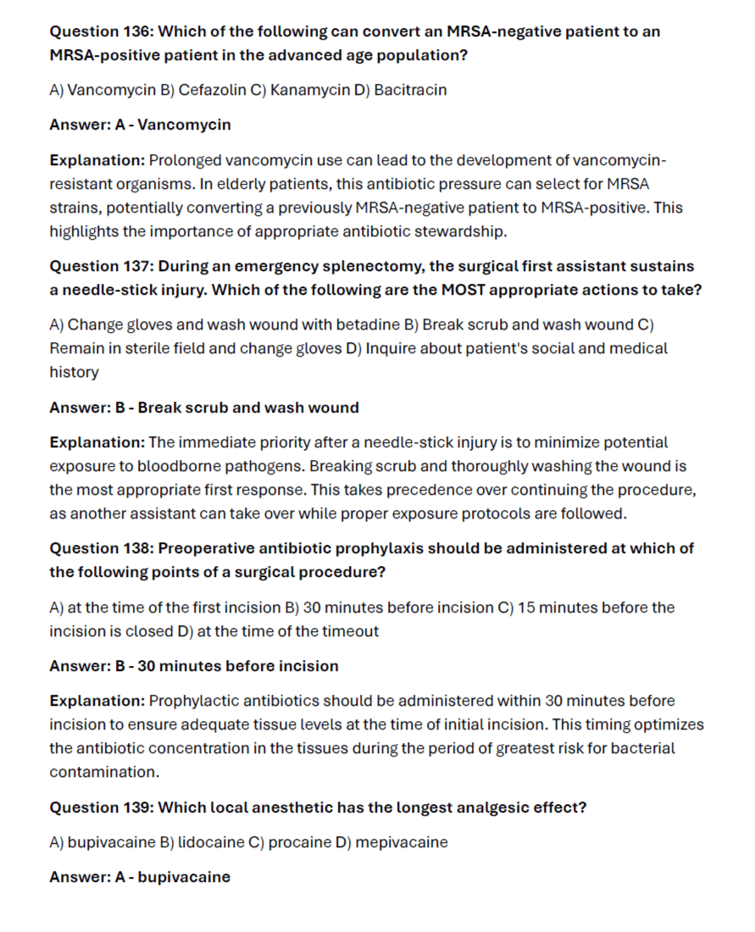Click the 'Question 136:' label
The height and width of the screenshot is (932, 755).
(102, 31)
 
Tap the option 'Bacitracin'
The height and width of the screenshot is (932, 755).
(410, 90)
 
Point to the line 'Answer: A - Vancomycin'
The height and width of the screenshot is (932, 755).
(140, 125)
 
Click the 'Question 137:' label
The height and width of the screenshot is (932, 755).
(102, 267)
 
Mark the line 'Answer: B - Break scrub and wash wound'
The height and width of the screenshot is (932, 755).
(204, 408)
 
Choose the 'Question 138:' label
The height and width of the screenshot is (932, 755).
(102, 548)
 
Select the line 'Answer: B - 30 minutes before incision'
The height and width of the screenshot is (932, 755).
(194, 666)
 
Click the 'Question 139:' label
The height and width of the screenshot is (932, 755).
(102, 807)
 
